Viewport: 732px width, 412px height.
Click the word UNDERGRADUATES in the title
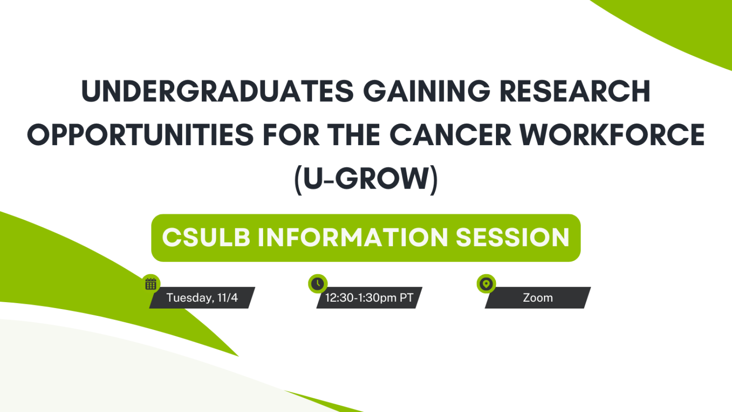[217, 91]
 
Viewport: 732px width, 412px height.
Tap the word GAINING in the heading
[427, 91]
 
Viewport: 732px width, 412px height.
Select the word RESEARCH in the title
[575, 91]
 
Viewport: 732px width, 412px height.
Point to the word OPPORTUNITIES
[140, 135]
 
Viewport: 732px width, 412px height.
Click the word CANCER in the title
[450, 135]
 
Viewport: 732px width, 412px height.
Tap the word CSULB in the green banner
[206, 238]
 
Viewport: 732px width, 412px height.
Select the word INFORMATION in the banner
[353, 238]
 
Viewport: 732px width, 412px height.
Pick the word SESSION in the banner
[512, 238]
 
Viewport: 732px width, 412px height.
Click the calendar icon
[151, 284]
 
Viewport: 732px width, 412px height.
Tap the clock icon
[318, 284]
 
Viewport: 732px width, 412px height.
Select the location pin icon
[486, 284]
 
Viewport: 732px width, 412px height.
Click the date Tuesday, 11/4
[202, 298]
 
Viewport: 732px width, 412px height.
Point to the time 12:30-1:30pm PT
[369, 298]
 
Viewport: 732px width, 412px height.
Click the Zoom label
[538, 298]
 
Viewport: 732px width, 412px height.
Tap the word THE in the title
[354, 135]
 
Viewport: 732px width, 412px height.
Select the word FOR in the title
[291, 135]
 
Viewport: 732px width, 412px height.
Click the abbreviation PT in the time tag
[406, 298]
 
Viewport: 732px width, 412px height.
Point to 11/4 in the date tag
[227, 298]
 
